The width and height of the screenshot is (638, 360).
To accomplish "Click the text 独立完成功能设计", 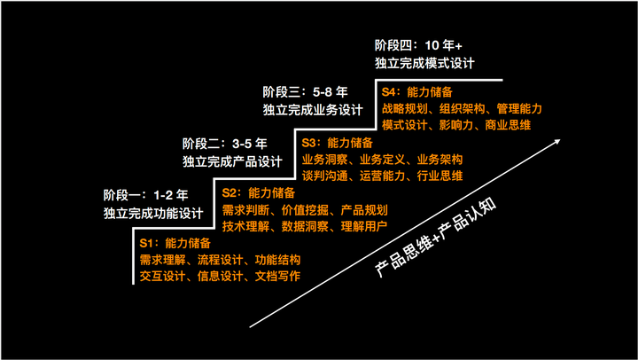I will coord(153,213).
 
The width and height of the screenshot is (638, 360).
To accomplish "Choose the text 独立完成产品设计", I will coord(232,161).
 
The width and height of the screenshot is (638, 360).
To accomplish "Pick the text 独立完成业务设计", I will coord(313,109).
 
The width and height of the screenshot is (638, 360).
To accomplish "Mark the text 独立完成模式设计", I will coord(424,62).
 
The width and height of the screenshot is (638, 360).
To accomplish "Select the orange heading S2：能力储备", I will coord(258,192).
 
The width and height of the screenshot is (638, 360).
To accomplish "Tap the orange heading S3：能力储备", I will coord(337,142).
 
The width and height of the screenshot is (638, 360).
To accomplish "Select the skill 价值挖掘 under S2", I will coord(306,209).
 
